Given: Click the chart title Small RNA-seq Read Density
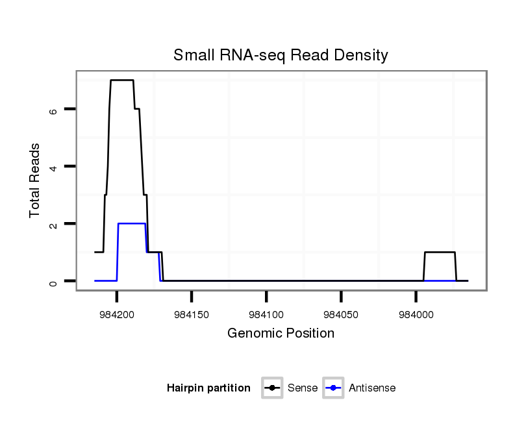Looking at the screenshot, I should [x=281, y=55].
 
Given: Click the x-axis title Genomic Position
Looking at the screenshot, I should [x=281, y=334].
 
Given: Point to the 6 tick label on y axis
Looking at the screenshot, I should [x=54, y=110].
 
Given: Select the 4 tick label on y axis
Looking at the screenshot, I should [x=54, y=167].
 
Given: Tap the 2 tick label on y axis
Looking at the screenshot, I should [x=54, y=224].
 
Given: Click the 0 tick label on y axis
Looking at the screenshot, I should [x=54, y=281].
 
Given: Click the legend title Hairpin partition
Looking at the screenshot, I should [x=208, y=388].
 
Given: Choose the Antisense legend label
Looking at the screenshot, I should [x=372, y=388].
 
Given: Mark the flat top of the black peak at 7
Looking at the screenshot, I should [x=122, y=80].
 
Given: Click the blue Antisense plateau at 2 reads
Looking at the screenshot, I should [x=131, y=223].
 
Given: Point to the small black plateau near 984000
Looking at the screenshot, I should [x=440, y=252].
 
